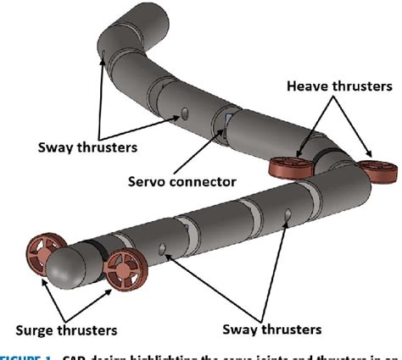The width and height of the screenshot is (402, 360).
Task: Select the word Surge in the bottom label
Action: coord(39,328)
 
